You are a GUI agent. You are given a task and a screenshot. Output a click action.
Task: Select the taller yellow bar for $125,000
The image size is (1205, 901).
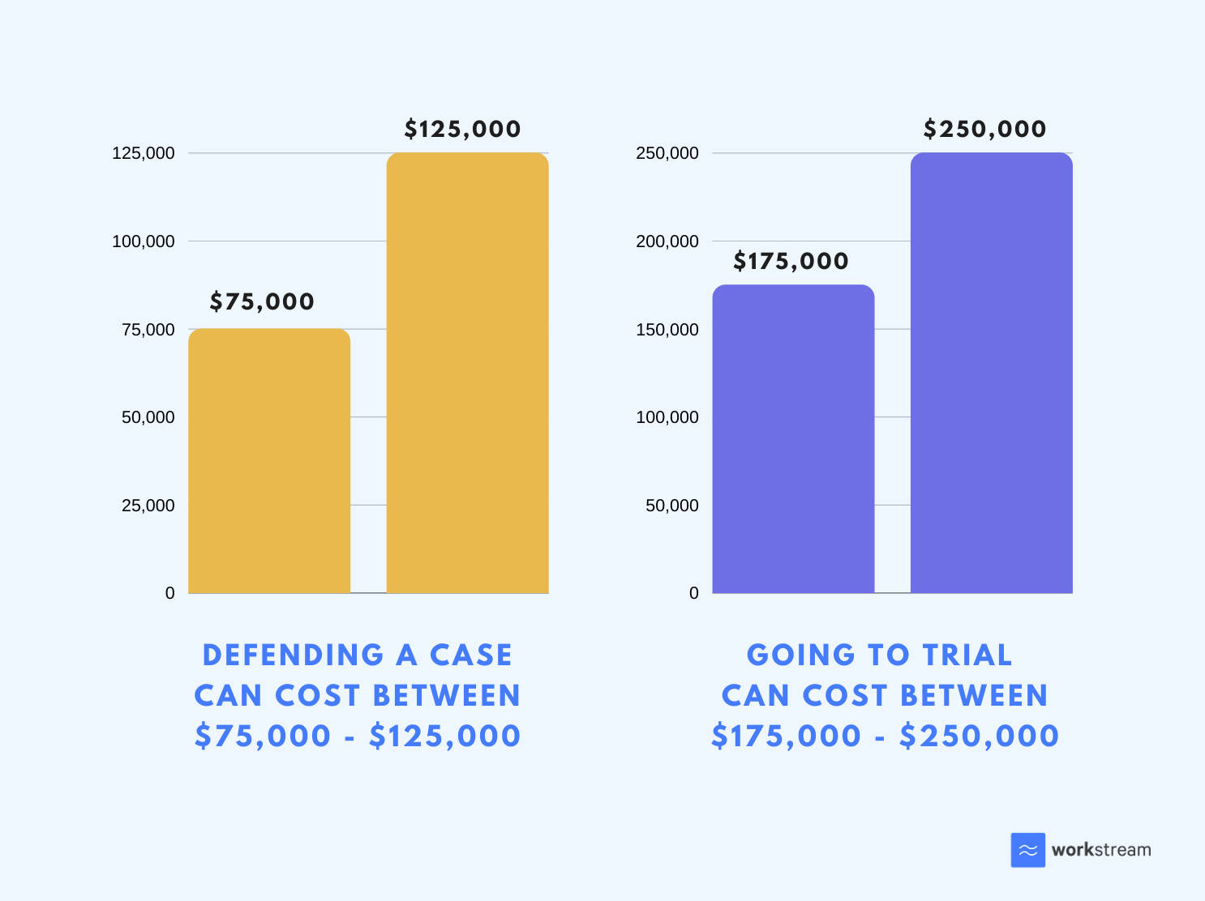[467, 373]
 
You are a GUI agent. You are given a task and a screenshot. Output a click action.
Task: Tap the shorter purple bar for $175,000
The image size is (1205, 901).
[793, 438]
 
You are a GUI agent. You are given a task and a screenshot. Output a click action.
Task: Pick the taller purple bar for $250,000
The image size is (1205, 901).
[991, 373]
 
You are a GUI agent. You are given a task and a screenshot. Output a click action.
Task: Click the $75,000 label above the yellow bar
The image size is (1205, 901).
[262, 301]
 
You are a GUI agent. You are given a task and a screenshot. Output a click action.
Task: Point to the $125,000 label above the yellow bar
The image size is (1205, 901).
[462, 129]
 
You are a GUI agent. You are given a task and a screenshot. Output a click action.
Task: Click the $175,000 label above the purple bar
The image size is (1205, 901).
[791, 261]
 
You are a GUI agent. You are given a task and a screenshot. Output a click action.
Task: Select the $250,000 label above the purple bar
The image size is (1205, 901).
[984, 129]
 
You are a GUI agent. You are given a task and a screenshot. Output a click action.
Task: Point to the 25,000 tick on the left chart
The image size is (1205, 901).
[148, 506]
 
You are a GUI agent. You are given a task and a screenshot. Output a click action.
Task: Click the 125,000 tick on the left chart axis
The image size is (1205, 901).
[143, 153]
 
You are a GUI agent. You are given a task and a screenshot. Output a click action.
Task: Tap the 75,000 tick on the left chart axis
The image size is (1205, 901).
[148, 330]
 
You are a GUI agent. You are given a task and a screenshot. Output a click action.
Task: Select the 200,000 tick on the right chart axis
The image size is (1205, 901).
[667, 241]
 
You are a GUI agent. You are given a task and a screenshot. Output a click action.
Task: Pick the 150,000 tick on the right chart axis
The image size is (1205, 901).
[667, 330]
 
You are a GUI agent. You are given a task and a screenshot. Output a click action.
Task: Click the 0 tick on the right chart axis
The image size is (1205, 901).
[693, 593]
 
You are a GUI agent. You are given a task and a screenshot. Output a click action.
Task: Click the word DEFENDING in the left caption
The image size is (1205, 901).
[293, 655]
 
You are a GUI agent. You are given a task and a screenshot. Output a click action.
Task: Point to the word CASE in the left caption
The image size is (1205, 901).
[470, 655]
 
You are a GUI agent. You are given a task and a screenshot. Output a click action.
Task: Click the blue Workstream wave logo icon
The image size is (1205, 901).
[1027, 850]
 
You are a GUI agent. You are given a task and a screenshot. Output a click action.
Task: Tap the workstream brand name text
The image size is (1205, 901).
[1100, 850]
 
